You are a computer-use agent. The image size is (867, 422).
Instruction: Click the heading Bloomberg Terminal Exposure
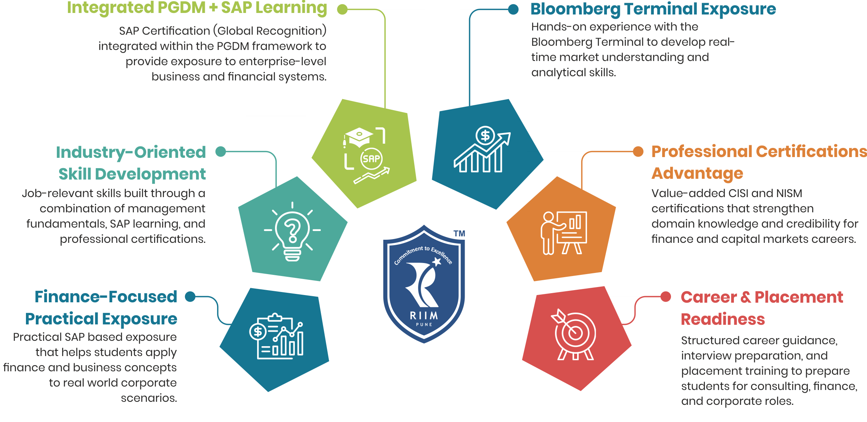pyautogui.click(x=653, y=9)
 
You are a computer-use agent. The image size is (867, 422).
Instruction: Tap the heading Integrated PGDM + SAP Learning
pyautogui.click(x=197, y=8)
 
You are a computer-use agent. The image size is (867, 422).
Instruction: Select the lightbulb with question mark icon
pyautogui.click(x=293, y=232)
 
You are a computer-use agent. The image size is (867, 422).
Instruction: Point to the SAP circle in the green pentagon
pyautogui.click(x=371, y=159)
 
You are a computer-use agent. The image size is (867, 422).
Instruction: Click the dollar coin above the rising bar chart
pyautogui.click(x=485, y=135)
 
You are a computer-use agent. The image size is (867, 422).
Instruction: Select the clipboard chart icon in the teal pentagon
pyautogui.click(x=277, y=337)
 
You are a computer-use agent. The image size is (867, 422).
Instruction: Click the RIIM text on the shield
pyautogui.click(x=424, y=316)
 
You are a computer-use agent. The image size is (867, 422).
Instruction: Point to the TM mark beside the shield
pyautogui.click(x=459, y=233)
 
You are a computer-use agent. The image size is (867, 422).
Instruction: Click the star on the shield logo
pyautogui.click(x=437, y=261)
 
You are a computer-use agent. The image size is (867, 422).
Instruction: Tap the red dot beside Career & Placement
pyautogui.click(x=666, y=297)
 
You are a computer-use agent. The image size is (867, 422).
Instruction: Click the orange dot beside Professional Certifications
pyautogui.click(x=638, y=151)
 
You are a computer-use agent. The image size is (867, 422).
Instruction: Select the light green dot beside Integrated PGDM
pyautogui.click(x=343, y=9)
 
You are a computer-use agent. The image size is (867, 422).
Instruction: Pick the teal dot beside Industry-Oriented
pyautogui.click(x=221, y=151)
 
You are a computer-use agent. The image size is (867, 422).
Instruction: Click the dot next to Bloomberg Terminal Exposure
pyautogui.click(x=513, y=9)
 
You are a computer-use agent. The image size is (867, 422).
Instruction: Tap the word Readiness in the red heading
pyautogui.click(x=723, y=319)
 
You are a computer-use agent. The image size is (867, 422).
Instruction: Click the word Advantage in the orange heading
pyautogui.click(x=697, y=173)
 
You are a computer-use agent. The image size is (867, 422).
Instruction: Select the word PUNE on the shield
pyautogui.click(x=424, y=324)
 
